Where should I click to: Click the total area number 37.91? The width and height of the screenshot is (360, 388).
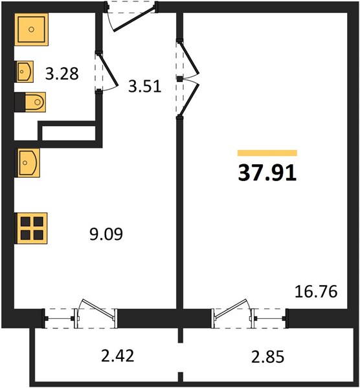267,173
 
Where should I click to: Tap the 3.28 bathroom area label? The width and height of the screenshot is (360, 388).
62,74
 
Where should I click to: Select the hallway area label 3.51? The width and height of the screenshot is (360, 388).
144,87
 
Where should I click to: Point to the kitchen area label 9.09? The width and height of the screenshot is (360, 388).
106,234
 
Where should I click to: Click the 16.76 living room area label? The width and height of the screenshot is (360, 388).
316,292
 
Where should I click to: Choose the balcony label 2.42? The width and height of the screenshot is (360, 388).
117,356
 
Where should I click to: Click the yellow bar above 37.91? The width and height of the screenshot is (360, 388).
267,153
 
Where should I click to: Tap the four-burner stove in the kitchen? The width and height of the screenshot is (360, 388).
31,228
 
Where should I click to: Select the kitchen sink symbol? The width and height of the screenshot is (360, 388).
27,162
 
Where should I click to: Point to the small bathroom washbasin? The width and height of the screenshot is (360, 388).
25,72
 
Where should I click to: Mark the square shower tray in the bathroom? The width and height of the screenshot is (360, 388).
31,30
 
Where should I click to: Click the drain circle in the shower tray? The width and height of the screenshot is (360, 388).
31,30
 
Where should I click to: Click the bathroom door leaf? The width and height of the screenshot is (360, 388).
107,70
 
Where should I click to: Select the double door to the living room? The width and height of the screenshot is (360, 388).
189,79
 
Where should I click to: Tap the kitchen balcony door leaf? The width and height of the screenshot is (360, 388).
98,308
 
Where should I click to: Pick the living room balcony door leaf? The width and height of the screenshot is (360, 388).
231,308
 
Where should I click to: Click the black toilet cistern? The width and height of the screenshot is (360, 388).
20,102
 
